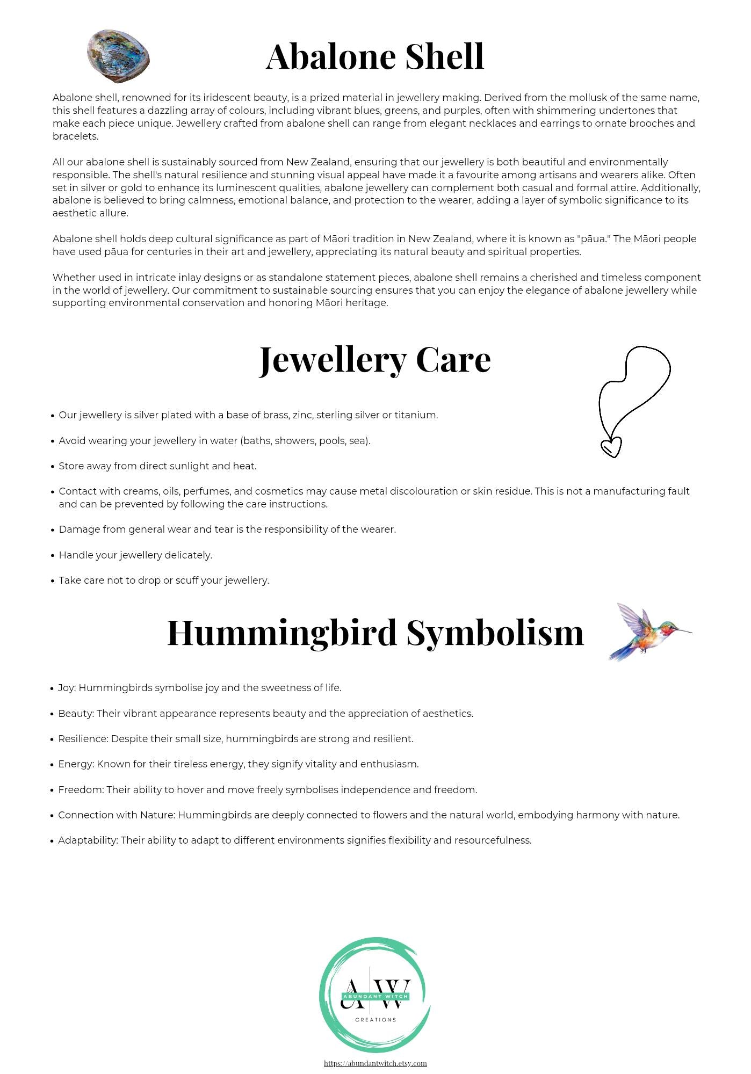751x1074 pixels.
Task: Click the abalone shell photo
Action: [x=118, y=56]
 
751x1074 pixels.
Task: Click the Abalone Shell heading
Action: [x=375, y=56]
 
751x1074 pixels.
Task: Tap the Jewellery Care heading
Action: [x=375, y=360]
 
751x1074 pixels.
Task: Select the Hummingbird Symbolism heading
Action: [x=375, y=632]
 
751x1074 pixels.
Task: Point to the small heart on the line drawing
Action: [x=611, y=447]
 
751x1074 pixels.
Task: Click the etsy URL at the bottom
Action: [x=375, y=1063]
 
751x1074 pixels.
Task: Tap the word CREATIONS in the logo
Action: [x=376, y=1019]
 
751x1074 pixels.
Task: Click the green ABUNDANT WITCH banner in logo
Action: [x=376, y=997]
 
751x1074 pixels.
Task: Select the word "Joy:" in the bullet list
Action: [x=67, y=688]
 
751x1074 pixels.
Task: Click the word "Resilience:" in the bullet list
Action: [x=83, y=739]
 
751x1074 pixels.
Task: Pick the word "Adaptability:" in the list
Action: [x=88, y=840]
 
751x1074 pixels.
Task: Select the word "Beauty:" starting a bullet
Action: [x=76, y=714]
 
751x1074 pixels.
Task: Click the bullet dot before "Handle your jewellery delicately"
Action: [x=53, y=556]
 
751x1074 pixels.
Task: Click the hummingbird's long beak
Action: [x=680, y=631]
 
